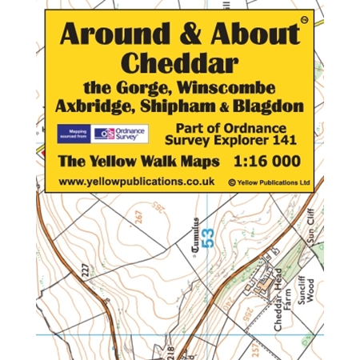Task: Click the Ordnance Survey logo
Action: [x=120, y=134]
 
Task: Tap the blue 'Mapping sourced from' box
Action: [x=73, y=134]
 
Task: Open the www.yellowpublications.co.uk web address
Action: [x=136, y=182]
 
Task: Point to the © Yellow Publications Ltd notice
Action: [x=269, y=182]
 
